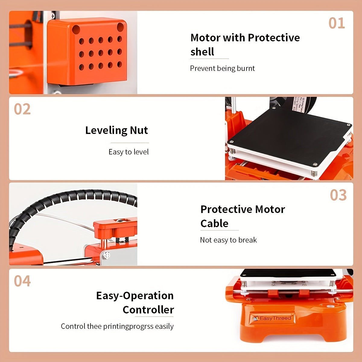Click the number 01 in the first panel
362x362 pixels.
pyautogui.click(x=336, y=23)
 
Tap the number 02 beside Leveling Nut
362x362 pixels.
pyautogui.click(x=22, y=109)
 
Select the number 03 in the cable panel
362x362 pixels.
pyautogui.click(x=338, y=195)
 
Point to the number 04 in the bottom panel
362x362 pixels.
pyautogui.click(x=22, y=281)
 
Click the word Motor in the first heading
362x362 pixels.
pyautogui.click(x=205, y=38)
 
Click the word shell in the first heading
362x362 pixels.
pyautogui.click(x=202, y=52)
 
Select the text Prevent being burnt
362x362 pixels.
pyautogui.click(x=222, y=68)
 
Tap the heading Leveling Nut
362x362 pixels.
pyautogui.click(x=116, y=130)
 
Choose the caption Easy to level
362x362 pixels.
pyautogui.click(x=129, y=152)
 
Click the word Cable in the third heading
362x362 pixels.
pyautogui.click(x=214, y=224)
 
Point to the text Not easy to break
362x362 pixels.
pyautogui.click(x=228, y=240)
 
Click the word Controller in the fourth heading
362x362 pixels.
pyautogui.click(x=148, y=310)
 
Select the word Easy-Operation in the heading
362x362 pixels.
pyautogui.click(x=135, y=296)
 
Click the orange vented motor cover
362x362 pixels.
pyautogui.click(x=87, y=51)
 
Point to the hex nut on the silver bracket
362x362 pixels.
pyautogui.click(x=106, y=256)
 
